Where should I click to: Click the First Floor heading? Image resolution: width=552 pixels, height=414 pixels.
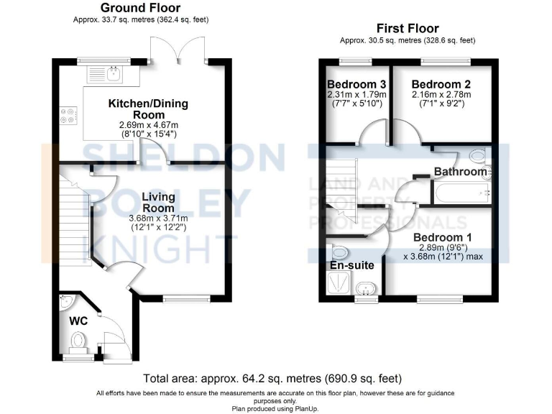pos(408,28)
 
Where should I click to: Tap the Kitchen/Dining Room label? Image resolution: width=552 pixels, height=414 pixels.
pos(148,109)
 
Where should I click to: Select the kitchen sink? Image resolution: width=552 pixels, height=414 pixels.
pos(113,73)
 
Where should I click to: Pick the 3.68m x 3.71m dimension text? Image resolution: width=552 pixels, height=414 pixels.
pos(158,218)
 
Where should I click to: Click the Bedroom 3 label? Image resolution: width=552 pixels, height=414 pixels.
pos(356,83)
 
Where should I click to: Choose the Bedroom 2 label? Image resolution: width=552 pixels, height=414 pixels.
pos(441,83)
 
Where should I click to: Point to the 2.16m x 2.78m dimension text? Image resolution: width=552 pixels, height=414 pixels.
pos(441,94)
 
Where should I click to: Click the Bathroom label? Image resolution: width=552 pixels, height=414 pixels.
pos(460,172)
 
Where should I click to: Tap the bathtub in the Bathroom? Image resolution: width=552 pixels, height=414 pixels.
pos(460,191)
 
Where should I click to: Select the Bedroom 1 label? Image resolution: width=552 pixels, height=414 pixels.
pos(441,237)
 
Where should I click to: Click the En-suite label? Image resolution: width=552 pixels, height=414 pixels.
pos(351,265)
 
